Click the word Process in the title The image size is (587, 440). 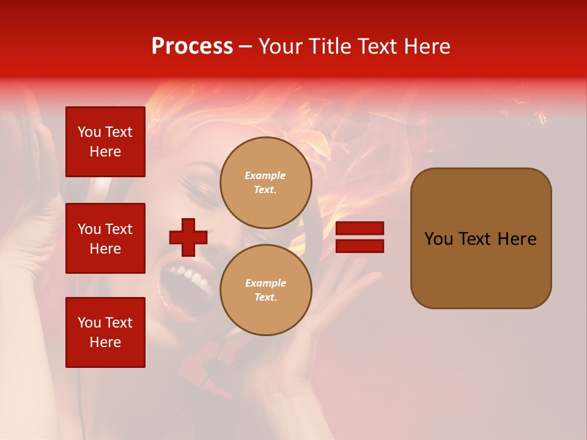click(x=192, y=46)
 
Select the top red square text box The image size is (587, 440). click(x=105, y=142)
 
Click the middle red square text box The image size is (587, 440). click(x=105, y=238)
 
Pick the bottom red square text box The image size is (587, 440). click(x=105, y=332)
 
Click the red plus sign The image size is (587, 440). click(x=188, y=237)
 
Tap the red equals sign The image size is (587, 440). click(x=360, y=237)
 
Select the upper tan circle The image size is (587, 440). click(x=265, y=183)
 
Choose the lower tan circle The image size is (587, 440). click(x=265, y=290)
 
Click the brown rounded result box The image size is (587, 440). click(x=481, y=238)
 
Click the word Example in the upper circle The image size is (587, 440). click(x=265, y=176)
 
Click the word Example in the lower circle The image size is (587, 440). click(x=265, y=284)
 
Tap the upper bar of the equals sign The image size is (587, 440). click(x=360, y=229)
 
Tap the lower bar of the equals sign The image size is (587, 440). click(x=360, y=246)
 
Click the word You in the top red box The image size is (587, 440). click(x=89, y=132)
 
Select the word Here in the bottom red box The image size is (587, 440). click(x=105, y=342)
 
